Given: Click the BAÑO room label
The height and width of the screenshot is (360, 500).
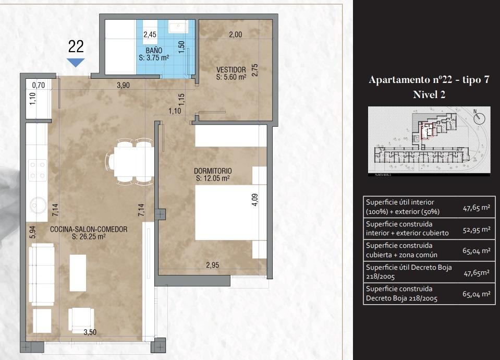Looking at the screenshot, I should pos(154,51).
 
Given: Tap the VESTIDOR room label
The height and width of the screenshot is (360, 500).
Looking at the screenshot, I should pos(231,69).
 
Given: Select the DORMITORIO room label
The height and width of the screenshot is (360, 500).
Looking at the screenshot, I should pos(212,171).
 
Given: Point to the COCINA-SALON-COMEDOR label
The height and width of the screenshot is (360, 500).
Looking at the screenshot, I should pos(89,229).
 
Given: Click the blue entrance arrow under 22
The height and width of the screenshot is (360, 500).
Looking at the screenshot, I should pos(76,62).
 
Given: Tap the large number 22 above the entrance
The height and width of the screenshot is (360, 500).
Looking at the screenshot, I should pos(76,46).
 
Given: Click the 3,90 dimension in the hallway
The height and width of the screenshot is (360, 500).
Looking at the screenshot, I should pos(123,86).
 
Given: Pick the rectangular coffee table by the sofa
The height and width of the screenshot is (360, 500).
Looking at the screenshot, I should pos(78,272).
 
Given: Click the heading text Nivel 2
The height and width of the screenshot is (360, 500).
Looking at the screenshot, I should pos(429,94).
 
